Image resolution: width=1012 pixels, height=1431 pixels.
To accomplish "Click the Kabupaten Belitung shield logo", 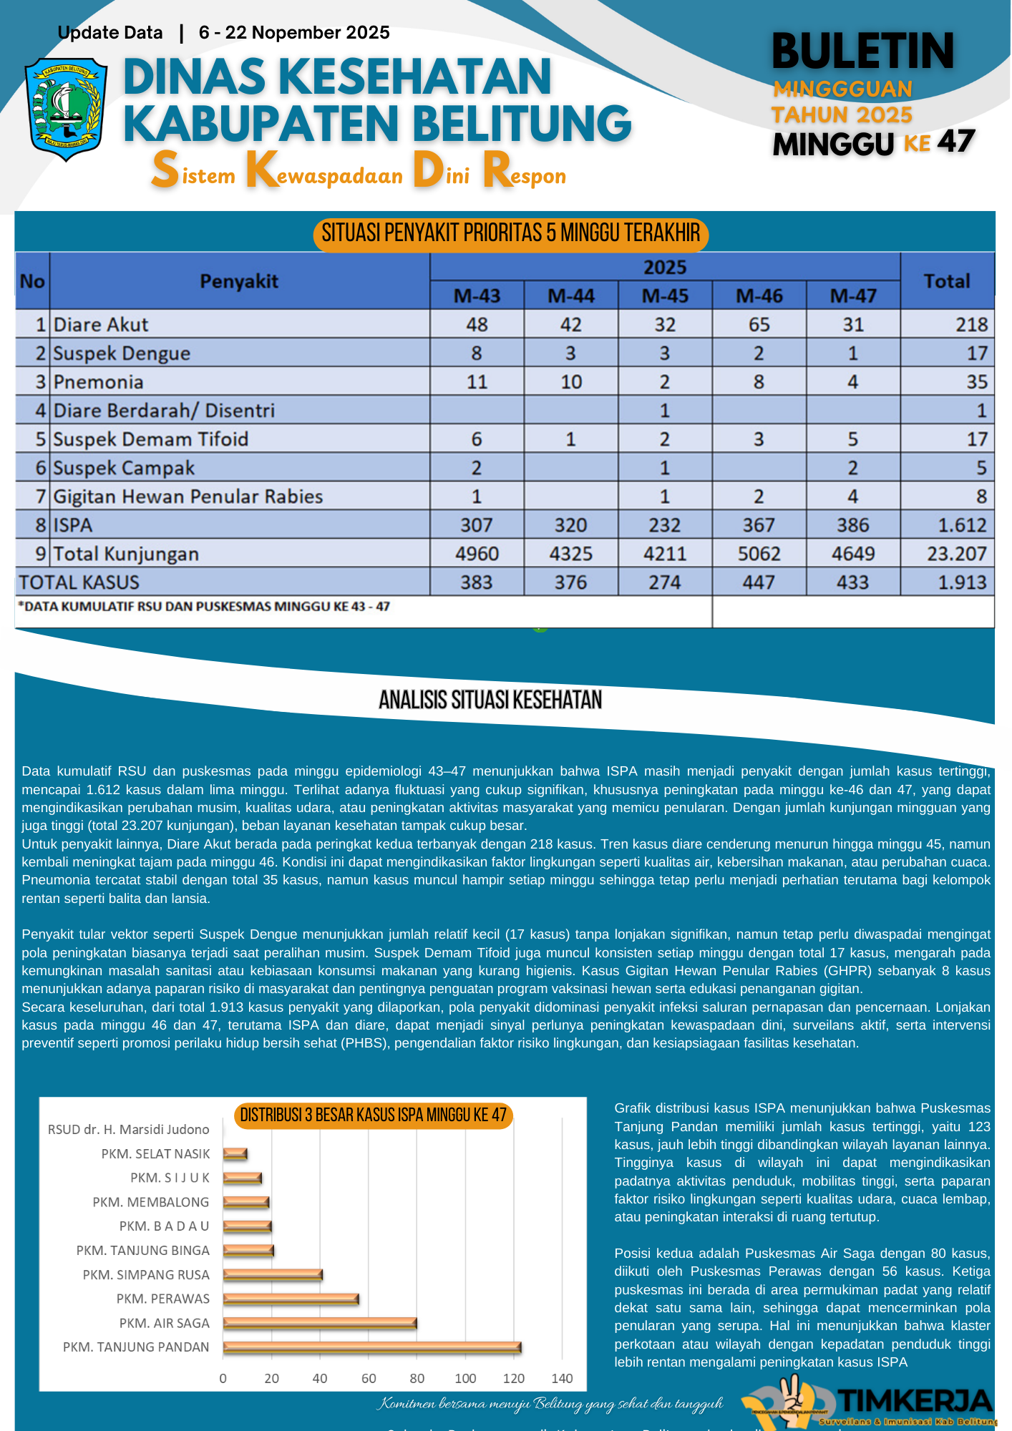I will coord(66,109).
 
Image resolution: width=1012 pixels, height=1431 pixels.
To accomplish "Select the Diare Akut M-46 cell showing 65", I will coord(759,325).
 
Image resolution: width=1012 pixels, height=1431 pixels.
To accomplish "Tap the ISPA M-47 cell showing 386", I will coord(852,525).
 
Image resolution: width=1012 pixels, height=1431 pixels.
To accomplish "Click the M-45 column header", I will coord(665,296).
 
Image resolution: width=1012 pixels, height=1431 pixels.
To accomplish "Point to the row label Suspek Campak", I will coord(124,468).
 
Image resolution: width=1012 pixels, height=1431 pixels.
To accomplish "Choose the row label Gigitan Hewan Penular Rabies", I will coord(188,497).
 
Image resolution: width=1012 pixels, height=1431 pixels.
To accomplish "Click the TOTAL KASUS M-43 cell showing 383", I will coord(477,582).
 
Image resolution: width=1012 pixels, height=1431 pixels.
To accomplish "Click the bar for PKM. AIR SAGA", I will coord(319,1324).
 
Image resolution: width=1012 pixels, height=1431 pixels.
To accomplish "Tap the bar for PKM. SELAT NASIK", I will coord(235,1154).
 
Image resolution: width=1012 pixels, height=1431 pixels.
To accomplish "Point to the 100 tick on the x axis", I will coord(465,1379).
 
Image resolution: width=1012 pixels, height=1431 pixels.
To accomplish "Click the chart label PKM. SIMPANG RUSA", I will coord(146,1275).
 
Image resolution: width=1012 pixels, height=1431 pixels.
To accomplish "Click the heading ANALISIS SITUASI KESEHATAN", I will coord(490,700).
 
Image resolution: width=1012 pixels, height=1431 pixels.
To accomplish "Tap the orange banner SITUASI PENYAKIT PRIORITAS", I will coord(510,233).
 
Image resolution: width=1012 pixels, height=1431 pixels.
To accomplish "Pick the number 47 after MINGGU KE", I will coord(956,142).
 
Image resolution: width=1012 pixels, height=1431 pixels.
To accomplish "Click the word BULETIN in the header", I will coord(862,52).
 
